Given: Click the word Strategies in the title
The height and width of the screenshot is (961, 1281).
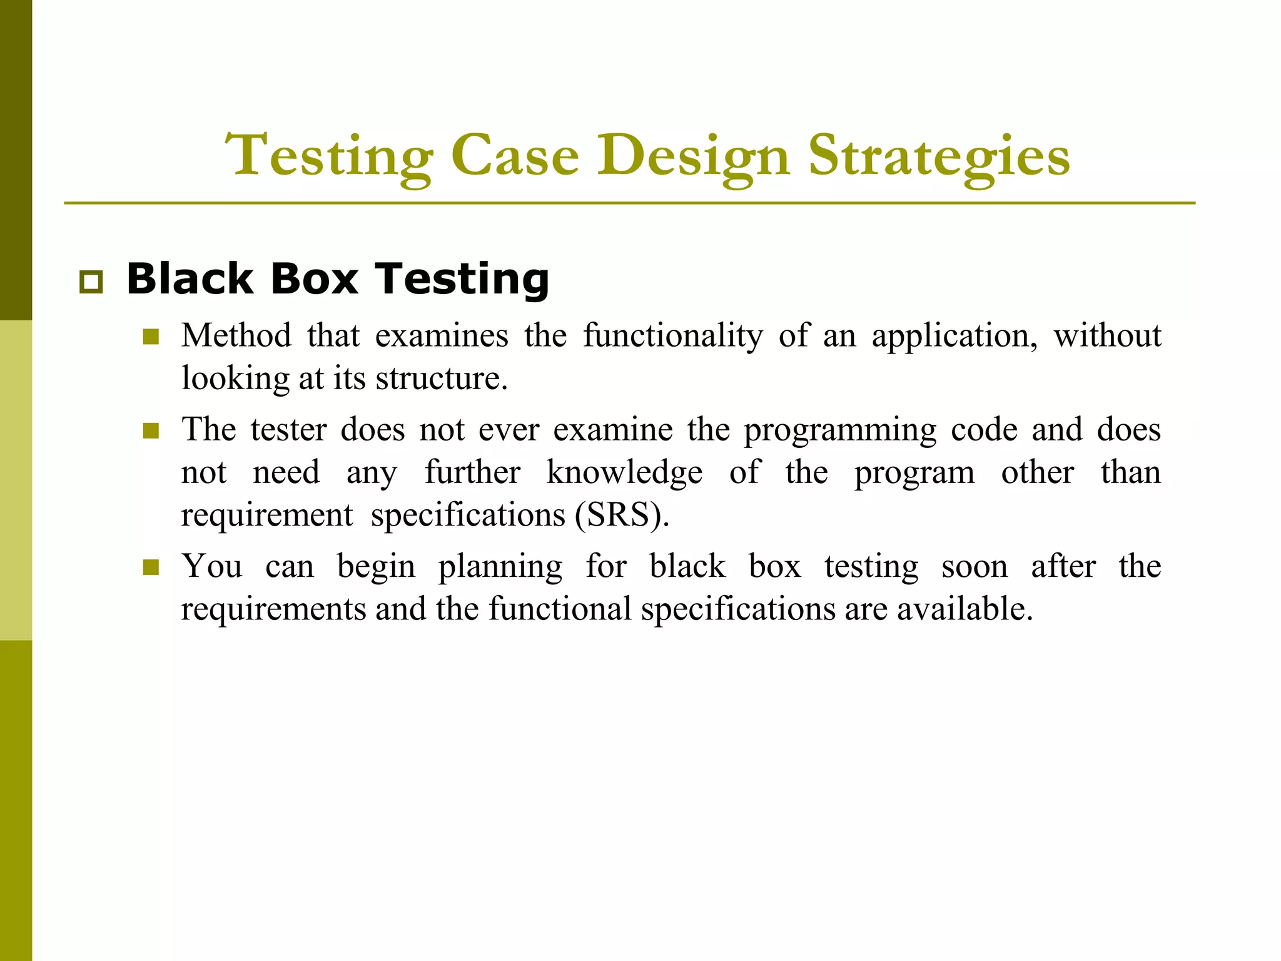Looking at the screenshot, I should pos(938,156).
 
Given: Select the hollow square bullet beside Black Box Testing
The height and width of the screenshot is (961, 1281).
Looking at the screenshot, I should pos(91,283).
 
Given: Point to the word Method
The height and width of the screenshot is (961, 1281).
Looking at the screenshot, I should pos(236,336).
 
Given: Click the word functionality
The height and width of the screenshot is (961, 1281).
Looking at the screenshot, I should pos(673,336).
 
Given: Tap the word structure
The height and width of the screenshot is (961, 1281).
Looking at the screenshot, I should pos(441,379).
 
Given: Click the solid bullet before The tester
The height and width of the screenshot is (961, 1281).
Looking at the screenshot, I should pos(151,431).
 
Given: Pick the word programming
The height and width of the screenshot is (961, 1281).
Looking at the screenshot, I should pos(840,430).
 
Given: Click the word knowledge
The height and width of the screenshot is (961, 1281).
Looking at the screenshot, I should pos(624,473).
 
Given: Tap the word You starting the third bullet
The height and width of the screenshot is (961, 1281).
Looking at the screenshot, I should pos(212,567).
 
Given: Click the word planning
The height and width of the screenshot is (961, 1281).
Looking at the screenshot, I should pos(500,567).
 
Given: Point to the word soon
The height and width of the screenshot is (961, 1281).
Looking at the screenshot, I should pos(975,567).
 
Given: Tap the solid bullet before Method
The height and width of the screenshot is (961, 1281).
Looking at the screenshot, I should pos(151,338).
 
